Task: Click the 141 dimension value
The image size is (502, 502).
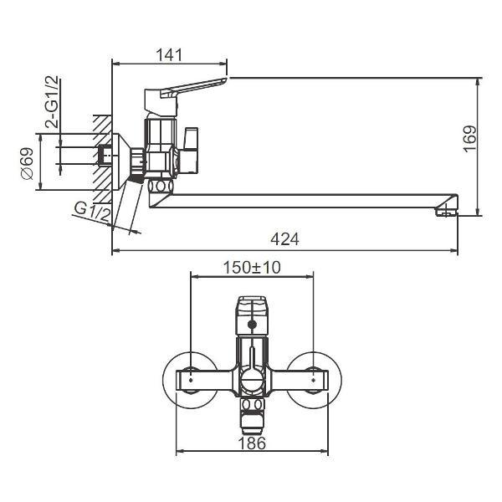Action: click(169, 55)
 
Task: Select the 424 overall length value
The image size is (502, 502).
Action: click(285, 239)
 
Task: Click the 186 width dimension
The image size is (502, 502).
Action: click(252, 443)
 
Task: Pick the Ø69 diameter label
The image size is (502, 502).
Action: click(27, 163)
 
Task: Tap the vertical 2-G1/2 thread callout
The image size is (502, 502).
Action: click(52, 101)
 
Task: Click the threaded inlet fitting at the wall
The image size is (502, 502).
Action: click(105, 156)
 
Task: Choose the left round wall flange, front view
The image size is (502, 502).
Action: click(189, 380)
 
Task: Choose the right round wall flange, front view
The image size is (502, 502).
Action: click(314, 380)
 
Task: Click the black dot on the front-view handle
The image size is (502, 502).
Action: click(252, 322)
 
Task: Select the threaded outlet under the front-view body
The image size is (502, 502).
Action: click(252, 410)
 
